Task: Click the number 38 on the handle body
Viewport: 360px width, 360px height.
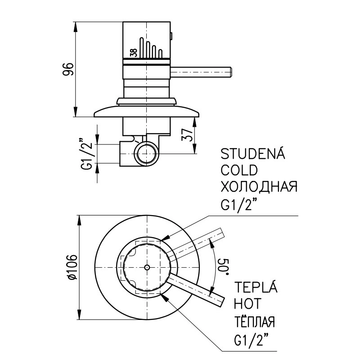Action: click(x=134, y=52)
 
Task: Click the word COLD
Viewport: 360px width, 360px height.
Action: click(x=239, y=171)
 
